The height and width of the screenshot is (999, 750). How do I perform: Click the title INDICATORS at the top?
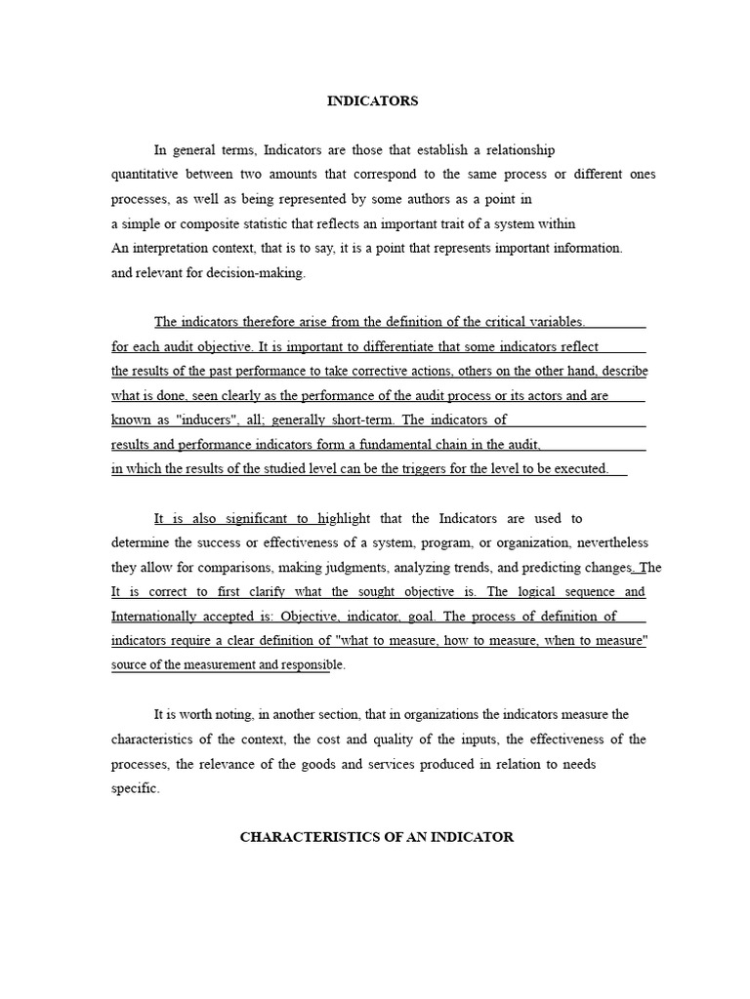(x=371, y=100)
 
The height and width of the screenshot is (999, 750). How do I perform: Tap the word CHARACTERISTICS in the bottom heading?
(x=298, y=837)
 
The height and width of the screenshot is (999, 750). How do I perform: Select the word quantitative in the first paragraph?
(x=145, y=175)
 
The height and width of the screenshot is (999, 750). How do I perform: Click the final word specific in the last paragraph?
(x=135, y=788)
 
